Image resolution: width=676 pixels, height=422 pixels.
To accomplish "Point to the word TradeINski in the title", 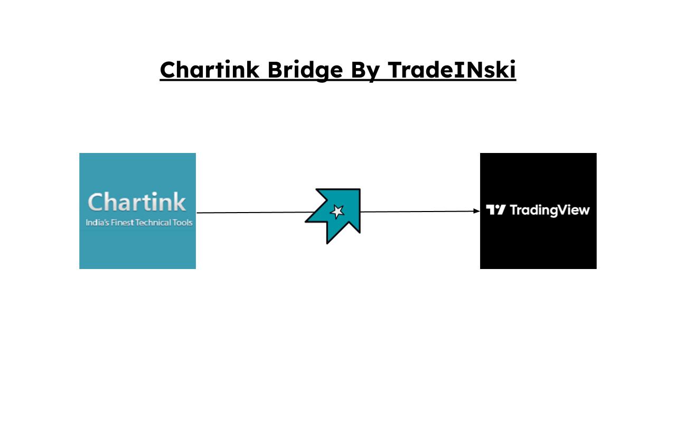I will (x=452, y=70).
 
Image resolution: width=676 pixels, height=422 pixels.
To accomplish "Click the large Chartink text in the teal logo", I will (x=137, y=202).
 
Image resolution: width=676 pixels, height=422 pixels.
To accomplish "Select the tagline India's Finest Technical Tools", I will (x=139, y=223).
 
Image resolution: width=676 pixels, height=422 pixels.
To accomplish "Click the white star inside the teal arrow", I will (x=337, y=212).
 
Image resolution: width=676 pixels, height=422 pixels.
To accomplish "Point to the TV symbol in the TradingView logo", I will (x=496, y=210).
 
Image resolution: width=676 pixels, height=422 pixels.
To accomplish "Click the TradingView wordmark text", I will (x=550, y=210).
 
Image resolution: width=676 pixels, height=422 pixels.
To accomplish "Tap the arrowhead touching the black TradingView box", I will (x=476, y=211).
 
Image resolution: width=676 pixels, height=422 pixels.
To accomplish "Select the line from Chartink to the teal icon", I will (x=253, y=213).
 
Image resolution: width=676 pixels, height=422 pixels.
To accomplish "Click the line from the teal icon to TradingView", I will (x=417, y=212).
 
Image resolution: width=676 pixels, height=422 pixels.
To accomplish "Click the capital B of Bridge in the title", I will (x=275, y=70).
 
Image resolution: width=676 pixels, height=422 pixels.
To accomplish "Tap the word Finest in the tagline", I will (x=123, y=223).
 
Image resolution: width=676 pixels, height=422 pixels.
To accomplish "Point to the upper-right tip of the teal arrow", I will (x=359, y=190).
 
